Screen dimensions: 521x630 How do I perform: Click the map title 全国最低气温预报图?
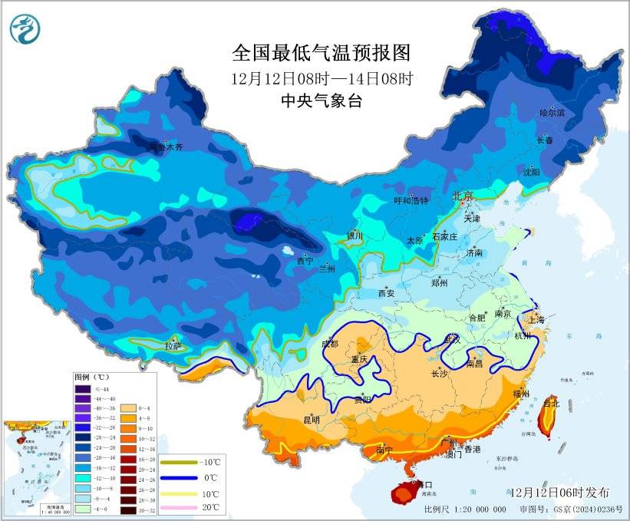[x=322, y=53]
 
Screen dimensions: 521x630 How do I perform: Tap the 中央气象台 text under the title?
[x=322, y=101]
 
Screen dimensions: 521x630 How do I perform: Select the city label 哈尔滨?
[x=552, y=113]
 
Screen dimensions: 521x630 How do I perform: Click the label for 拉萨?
[x=173, y=346]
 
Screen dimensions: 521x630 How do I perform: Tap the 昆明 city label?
[x=311, y=419]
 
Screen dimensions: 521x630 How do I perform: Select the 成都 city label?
[x=330, y=344]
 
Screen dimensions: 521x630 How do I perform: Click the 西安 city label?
[x=386, y=293]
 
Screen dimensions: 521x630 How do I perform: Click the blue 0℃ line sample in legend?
[x=176, y=477]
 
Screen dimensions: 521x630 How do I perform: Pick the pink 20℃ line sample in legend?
[x=176, y=507]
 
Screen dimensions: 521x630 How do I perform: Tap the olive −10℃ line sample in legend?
[x=176, y=463]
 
